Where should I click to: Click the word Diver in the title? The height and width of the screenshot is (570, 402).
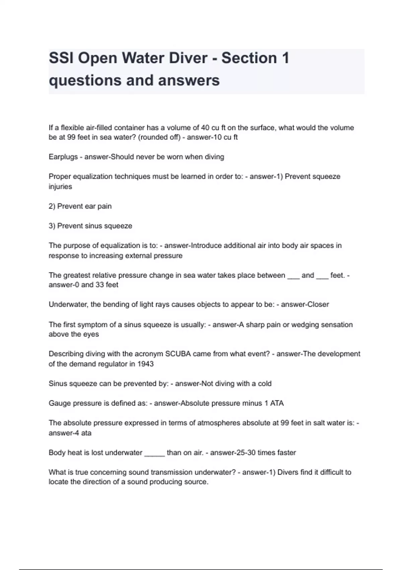coord(188,58)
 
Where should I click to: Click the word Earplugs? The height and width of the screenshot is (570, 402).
coord(63,157)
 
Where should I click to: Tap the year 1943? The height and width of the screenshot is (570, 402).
coord(145,364)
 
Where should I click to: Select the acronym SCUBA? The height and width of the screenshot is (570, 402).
coord(178,354)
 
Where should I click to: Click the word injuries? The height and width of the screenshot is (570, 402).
coord(60,186)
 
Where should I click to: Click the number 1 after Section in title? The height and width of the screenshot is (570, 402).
coord(285,58)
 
